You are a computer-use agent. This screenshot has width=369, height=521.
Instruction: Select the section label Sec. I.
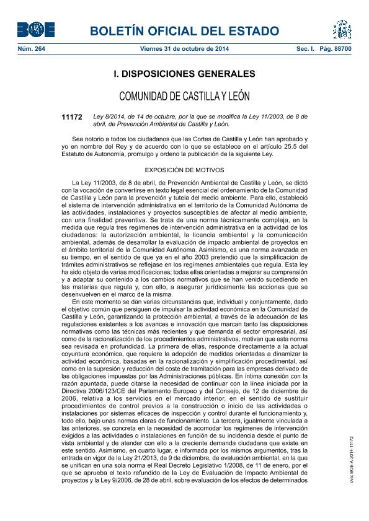306,48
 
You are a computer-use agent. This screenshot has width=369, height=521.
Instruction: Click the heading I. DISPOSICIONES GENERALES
184,74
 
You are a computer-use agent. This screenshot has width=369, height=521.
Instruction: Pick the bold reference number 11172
72,116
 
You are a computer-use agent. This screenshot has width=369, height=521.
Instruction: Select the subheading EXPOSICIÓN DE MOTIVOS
184,169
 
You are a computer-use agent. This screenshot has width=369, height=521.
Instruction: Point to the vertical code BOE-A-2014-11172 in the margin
351,458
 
